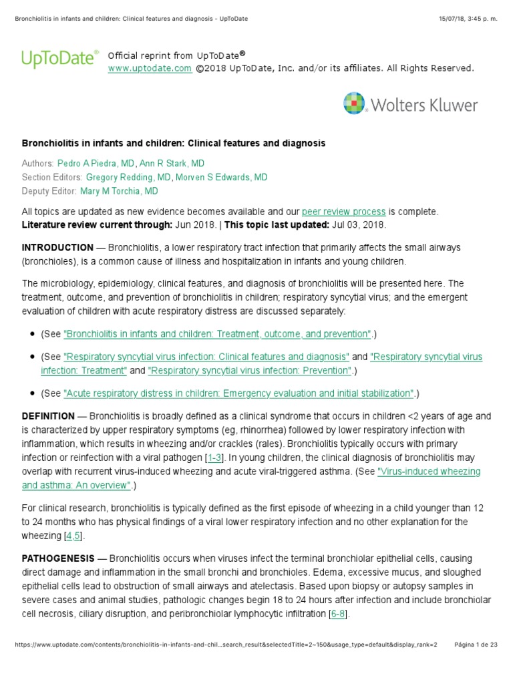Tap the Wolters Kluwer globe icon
(354, 104)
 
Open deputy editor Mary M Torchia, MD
(119, 191)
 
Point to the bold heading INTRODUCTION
(58, 247)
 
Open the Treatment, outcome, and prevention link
(217, 333)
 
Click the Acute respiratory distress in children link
(238, 393)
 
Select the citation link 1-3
(214, 458)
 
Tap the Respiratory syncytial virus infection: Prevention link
(249, 370)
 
